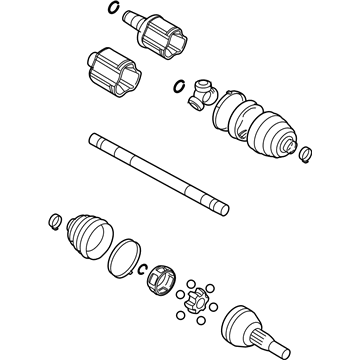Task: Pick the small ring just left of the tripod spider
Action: coord(179,86)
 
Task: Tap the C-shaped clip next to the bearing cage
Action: coord(143,269)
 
